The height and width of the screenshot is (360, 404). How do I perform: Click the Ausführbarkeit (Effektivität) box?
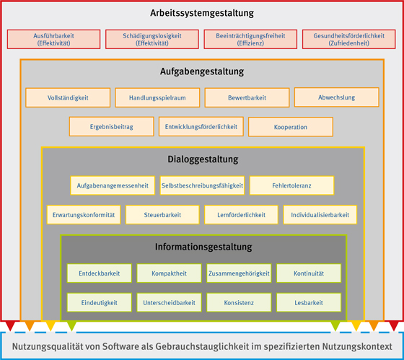[x=53, y=39]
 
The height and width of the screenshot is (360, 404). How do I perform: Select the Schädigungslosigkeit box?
[x=152, y=39]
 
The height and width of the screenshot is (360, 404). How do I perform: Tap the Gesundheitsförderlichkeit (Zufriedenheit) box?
[x=349, y=39]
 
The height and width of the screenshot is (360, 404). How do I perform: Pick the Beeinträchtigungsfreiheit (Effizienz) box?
[x=250, y=39]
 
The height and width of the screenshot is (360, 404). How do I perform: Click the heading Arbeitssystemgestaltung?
[x=202, y=13]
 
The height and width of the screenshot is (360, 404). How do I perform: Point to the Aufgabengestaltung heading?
[x=202, y=71]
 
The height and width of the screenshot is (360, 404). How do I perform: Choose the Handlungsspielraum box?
[x=157, y=97]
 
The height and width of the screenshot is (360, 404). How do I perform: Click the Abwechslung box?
[x=336, y=97]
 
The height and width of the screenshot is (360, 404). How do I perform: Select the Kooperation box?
[x=291, y=127]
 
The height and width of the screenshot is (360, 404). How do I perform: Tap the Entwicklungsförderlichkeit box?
[x=201, y=126]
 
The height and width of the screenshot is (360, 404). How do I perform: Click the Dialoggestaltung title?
[x=203, y=159]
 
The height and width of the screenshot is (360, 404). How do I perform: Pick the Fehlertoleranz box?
[x=291, y=185]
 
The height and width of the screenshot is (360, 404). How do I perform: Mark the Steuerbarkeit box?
[x=162, y=215]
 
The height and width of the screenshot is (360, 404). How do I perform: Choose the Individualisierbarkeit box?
[x=320, y=215]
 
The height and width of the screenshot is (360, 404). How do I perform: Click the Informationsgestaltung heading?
[x=203, y=247]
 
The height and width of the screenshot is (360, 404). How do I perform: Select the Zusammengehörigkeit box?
[x=239, y=273]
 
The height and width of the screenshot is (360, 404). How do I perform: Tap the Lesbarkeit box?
[x=309, y=302]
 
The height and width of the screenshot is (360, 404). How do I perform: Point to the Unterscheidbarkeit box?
[x=169, y=302]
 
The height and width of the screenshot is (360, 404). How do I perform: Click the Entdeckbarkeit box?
[x=100, y=273]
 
